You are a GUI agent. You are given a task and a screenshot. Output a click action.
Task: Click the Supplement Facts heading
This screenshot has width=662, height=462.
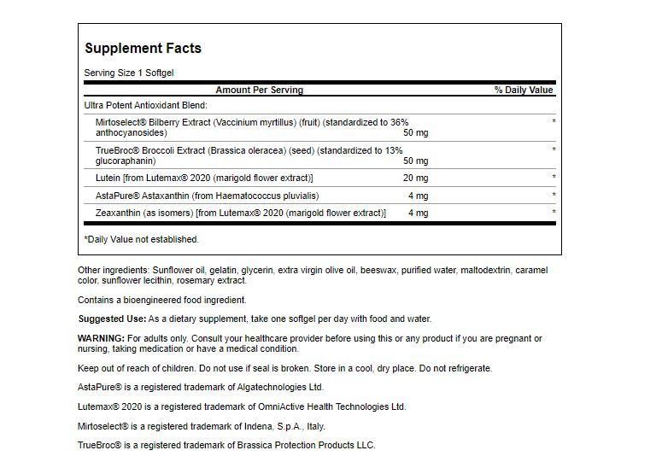[143, 49]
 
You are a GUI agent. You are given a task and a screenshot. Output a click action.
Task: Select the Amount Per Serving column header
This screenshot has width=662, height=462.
[259, 90]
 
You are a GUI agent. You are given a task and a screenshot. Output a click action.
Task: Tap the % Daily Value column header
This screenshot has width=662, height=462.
[523, 90]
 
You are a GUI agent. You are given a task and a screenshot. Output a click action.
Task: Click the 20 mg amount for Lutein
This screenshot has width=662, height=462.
[415, 178]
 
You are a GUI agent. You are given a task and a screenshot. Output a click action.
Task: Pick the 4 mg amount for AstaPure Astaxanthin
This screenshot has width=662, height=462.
[418, 196]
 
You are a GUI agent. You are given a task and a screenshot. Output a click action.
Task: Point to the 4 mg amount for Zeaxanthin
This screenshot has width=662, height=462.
[418, 213]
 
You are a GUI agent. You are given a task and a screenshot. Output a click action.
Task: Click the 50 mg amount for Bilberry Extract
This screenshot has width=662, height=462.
[415, 133]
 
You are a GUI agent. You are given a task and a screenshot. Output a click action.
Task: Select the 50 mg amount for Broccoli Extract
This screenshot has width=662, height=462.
[415, 161]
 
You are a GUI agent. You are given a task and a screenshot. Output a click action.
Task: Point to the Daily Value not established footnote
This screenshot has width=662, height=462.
[141, 239]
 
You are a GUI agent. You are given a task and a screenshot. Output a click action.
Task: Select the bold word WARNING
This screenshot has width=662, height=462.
[101, 339]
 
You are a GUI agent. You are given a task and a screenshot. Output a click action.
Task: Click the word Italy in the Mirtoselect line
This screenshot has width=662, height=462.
[313, 426]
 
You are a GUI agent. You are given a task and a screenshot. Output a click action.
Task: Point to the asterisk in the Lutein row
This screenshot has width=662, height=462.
[554, 178]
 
